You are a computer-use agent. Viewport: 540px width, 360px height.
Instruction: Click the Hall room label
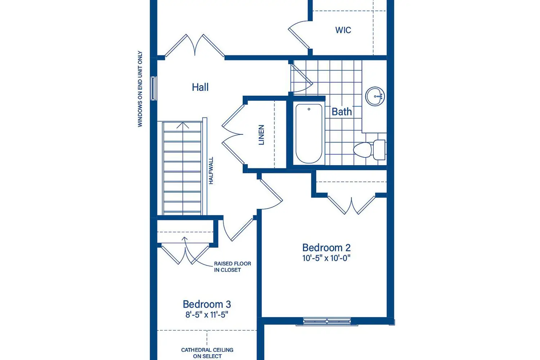pyautogui.click(x=200, y=87)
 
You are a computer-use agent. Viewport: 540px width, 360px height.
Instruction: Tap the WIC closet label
pyautogui.click(x=343, y=30)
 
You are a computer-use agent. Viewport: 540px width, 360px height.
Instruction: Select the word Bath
pyautogui.click(x=342, y=112)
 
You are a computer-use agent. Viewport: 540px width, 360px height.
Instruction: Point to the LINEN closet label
pyautogui.click(x=261, y=135)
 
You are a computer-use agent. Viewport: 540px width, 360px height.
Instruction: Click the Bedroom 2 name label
pyautogui.click(x=327, y=248)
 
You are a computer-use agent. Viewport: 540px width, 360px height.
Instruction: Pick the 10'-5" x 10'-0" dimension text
pyautogui.click(x=327, y=258)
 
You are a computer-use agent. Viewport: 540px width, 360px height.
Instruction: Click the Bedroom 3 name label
pyautogui.click(x=207, y=304)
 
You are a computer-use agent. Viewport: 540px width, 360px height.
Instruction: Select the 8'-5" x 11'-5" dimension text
pyautogui.click(x=207, y=315)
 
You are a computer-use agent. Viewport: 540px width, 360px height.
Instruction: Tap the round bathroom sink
pyautogui.click(x=375, y=96)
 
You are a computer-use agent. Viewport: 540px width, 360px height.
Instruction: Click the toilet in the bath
pyautogui.click(x=369, y=150)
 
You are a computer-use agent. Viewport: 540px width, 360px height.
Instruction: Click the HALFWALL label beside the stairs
pyautogui.click(x=211, y=171)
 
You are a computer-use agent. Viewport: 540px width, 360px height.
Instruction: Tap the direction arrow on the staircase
pyautogui.click(x=183, y=126)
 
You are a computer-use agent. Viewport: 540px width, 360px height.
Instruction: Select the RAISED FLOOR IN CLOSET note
pyautogui.click(x=233, y=267)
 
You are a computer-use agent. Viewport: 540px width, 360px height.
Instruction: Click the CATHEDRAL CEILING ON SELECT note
pyautogui.click(x=207, y=353)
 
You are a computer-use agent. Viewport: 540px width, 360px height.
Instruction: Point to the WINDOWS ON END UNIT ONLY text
pyautogui.click(x=140, y=89)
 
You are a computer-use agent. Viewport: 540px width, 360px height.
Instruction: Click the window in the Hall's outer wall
pyautogui.click(x=154, y=88)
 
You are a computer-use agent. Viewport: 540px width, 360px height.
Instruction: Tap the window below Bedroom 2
pyautogui.click(x=327, y=321)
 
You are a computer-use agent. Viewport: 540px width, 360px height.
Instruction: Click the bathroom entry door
pyautogui.click(x=301, y=78)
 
